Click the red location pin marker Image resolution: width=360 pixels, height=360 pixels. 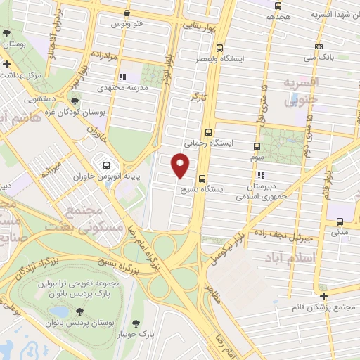click(181, 166)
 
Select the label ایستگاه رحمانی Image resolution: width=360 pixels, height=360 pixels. click(209, 142)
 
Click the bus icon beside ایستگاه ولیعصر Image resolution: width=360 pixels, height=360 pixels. click(220, 49)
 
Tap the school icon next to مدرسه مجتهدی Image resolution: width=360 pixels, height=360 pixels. click(122, 77)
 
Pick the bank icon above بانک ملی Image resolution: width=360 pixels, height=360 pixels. click(319, 46)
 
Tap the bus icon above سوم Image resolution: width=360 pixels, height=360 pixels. click(255, 147)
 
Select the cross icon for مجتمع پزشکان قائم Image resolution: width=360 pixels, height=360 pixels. click(323, 296)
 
